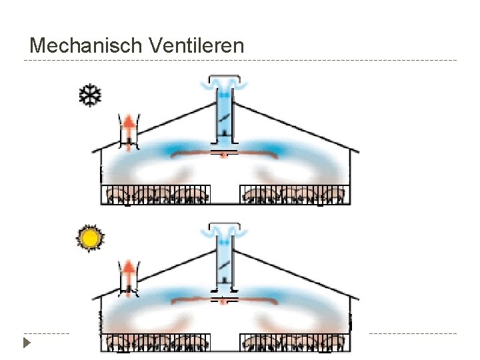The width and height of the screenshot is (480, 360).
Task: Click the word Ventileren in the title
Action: (197, 46)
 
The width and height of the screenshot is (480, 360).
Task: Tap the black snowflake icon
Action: (90, 95)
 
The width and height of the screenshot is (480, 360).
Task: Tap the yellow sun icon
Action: (89, 238)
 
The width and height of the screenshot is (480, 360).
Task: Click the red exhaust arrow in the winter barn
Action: (127, 129)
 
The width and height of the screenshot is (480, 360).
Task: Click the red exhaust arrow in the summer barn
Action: (127, 274)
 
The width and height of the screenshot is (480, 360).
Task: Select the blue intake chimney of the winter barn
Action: (224, 117)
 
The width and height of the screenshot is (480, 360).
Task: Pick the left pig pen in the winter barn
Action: (155, 194)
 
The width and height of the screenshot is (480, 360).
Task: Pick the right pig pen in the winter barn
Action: (294, 194)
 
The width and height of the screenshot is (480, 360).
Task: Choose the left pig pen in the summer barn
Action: (155, 343)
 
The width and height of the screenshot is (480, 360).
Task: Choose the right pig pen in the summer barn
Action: (294, 343)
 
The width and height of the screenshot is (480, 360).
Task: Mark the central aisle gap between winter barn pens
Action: (225, 193)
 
